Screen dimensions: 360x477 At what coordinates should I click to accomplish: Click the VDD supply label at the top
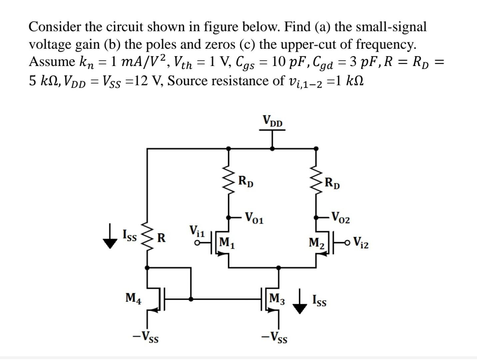[x=272, y=121]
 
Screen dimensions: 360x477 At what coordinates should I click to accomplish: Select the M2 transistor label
[x=316, y=242]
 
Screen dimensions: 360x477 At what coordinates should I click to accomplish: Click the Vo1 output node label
[x=254, y=218]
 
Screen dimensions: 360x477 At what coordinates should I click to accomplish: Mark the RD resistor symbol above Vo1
[x=229, y=181]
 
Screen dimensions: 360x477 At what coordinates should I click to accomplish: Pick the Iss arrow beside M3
[x=300, y=301]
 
